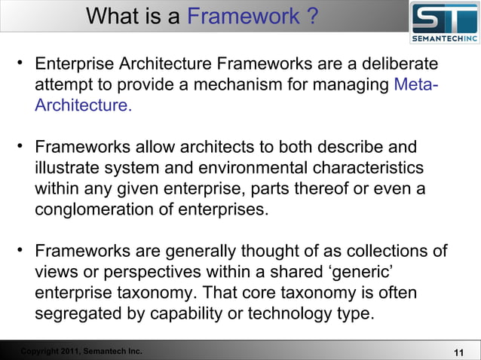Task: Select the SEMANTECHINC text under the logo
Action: point(444,38)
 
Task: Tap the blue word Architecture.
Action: point(82,105)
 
